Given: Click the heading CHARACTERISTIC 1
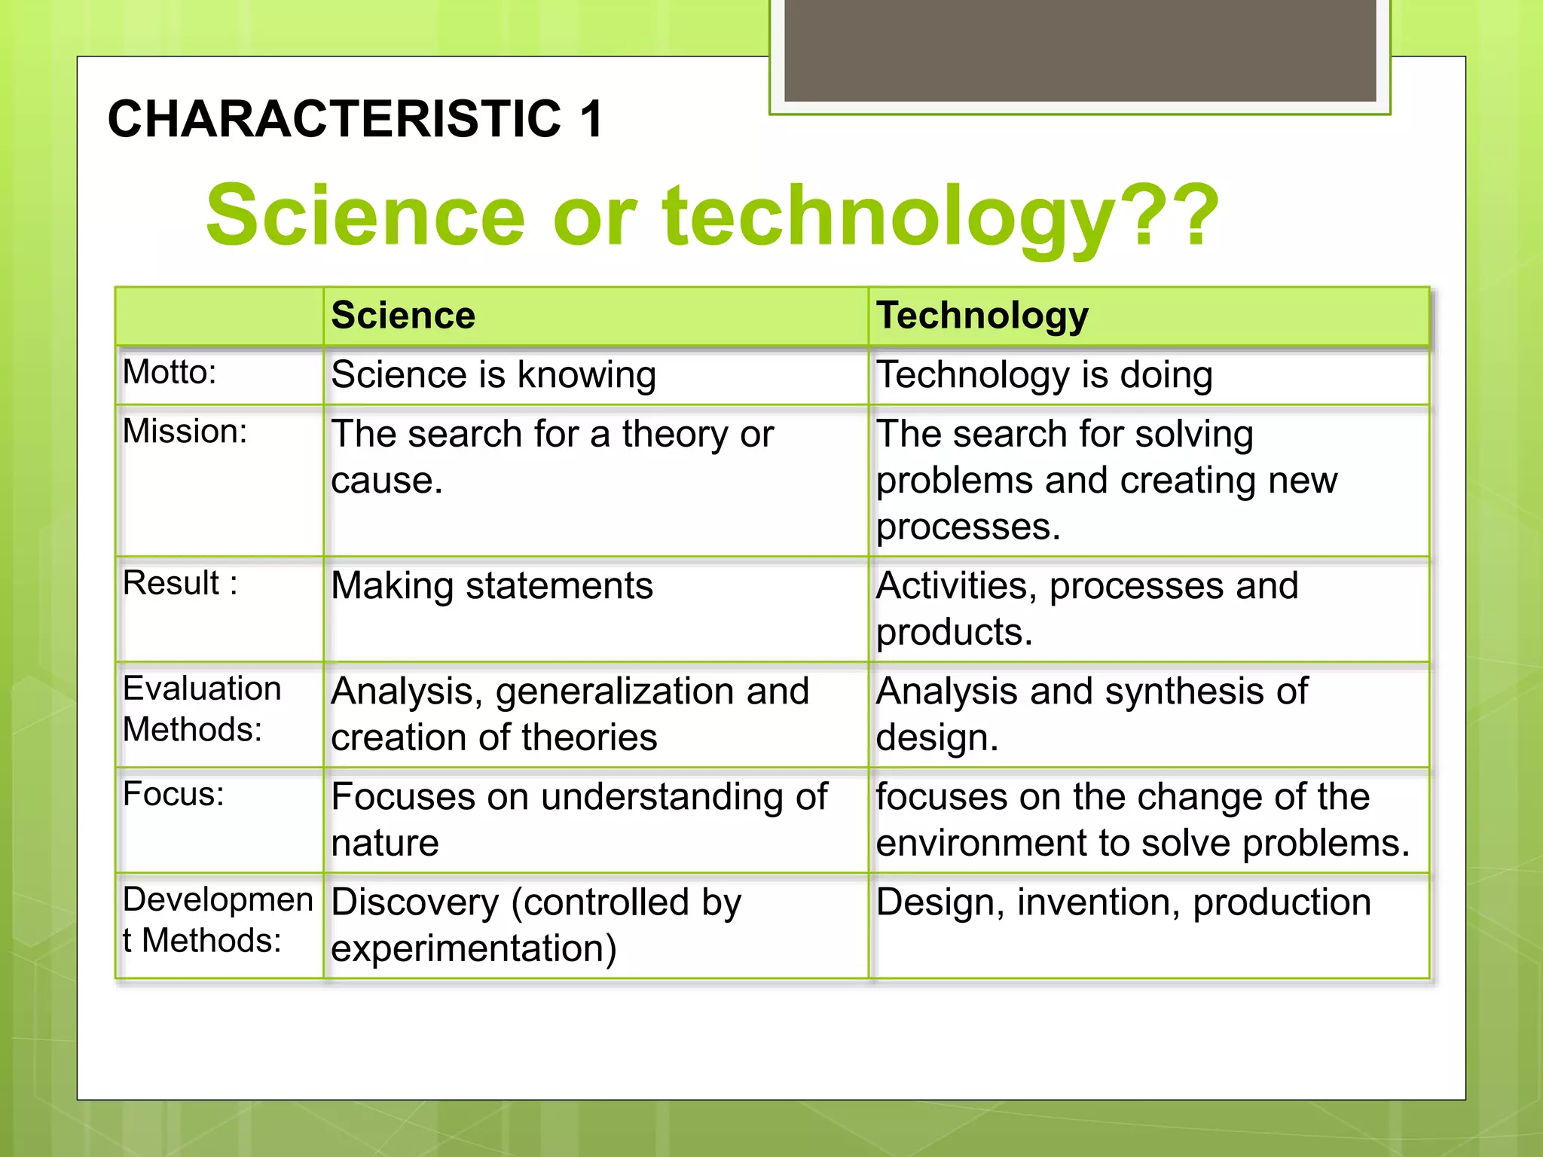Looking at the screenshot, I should pyautogui.click(x=355, y=119).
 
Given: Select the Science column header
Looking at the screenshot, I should pyautogui.click(x=403, y=315).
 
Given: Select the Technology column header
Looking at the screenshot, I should pyautogui.click(x=982, y=315).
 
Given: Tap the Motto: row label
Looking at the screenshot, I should pyautogui.click(x=170, y=372).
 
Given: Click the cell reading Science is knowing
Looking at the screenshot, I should pyautogui.click(x=493, y=375).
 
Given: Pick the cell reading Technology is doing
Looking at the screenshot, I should pyautogui.click(x=1044, y=375).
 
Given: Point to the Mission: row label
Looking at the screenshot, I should pyautogui.click(x=185, y=432).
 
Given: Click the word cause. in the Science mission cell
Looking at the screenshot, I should pyautogui.click(x=387, y=481).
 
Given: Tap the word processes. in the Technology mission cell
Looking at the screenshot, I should pyautogui.click(x=968, y=527).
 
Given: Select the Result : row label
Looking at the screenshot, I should pyautogui.click(x=180, y=583).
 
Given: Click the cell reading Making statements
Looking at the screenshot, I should pyautogui.click(x=492, y=586).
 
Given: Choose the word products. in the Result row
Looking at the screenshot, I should pyautogui.click(x=954, y=632).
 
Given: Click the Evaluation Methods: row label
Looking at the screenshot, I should pyautogui.click(x=201, y=709).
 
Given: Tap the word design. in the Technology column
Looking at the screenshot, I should pyautogui.click(x=936, y=737).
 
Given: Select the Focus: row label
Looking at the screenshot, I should pyautogui.click(x=173, y=794).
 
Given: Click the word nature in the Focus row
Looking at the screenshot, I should pyautogui.click(x=384, y=843).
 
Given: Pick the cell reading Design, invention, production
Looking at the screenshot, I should pyautogui.click(x=1123, y=902).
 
